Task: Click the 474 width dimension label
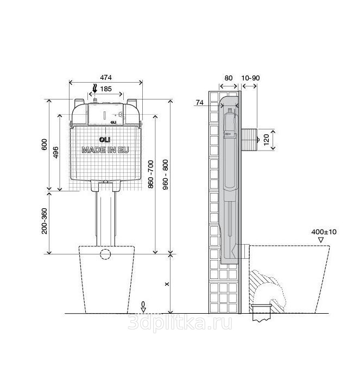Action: pyautogui.click(x=106, y=78)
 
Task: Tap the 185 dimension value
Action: pyautogui.click(x=106, y=89)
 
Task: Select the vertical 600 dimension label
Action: pyautogui.click(x=45, y=145)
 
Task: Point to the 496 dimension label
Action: pyautogui.click(x=56, y=152)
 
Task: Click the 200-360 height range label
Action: pyautogui.click(x=45, y=221)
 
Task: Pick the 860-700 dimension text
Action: pyautogui.click(x=151, y=175)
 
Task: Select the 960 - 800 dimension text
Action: pyautogui.click(x=166, y=175)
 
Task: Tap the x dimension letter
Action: pyautogui.click(x=167, y=284)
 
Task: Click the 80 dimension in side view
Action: pyautogui.click(x=229, y=78)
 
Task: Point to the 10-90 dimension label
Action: pyautogui.click(x=250, y=78)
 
